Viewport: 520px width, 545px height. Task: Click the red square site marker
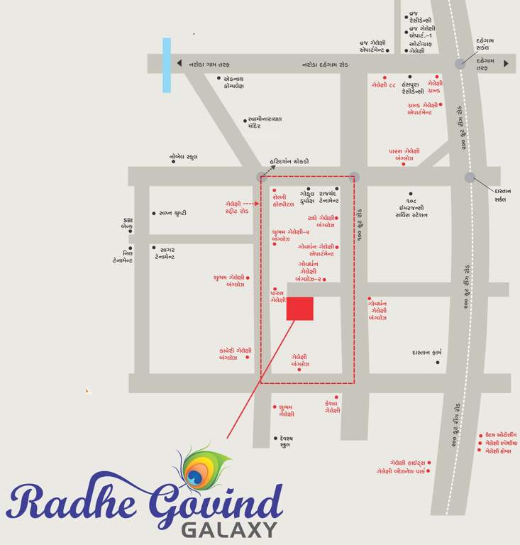[x=300, y=309]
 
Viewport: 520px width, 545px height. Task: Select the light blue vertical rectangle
[x=167, y=65]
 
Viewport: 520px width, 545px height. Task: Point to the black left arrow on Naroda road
[x=179, y=63]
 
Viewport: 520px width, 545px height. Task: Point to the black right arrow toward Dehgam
[x=506, y=63]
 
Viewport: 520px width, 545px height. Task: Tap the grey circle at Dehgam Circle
[x=460, y=63]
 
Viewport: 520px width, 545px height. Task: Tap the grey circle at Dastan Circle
[x=470, y=177]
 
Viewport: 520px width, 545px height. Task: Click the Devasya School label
[x=287, y=442]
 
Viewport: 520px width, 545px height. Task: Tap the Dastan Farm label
[x=427, y=352]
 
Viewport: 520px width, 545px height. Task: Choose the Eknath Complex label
[x=233, y=82]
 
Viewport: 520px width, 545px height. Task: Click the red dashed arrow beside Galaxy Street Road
[x=251, y=204]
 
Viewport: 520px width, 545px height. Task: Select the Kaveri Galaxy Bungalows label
[x=235, y=353]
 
